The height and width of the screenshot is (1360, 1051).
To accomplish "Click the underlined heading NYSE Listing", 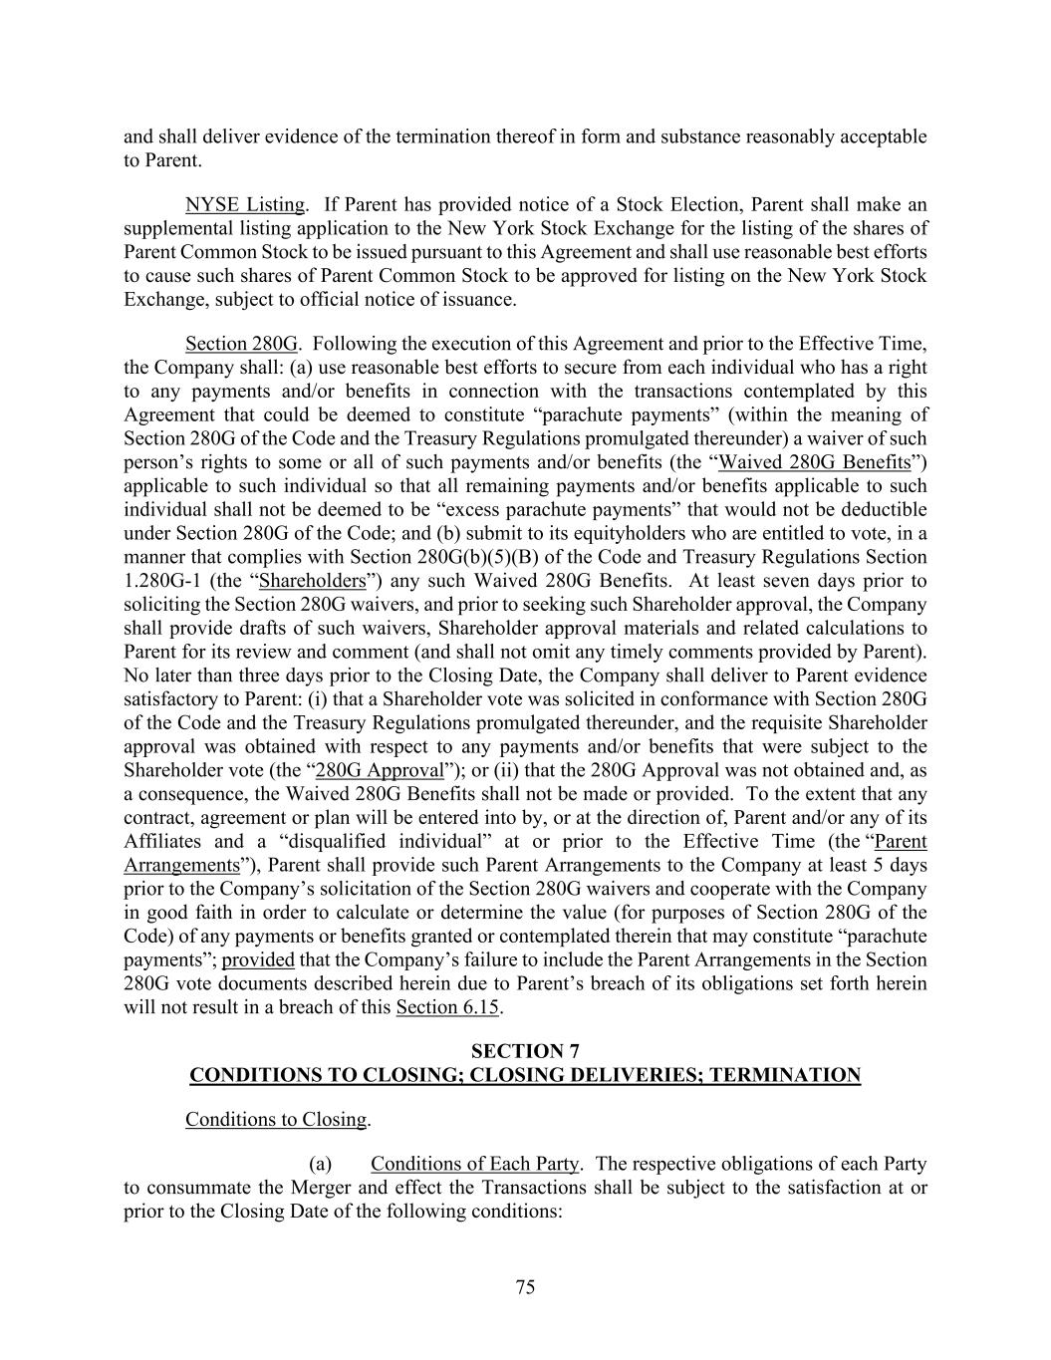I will click(x=244, y=205).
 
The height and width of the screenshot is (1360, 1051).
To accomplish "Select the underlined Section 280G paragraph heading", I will click(x=241, y=345).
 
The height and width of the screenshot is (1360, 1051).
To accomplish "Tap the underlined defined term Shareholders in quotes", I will click(x=312, y=581).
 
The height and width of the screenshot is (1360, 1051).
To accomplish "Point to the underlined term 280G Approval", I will click(x=380, y=770).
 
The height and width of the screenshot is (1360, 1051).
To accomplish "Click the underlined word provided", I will click(x=258, y=960).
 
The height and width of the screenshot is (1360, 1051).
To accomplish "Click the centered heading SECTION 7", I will click(x=525, y=1051).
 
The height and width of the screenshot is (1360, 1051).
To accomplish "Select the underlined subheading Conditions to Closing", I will click(x=276, y=1120).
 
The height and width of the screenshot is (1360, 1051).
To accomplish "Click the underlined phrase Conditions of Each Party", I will click(x=474, y=1164).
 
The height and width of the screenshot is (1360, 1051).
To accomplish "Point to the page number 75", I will click(x=525, y=1287).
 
